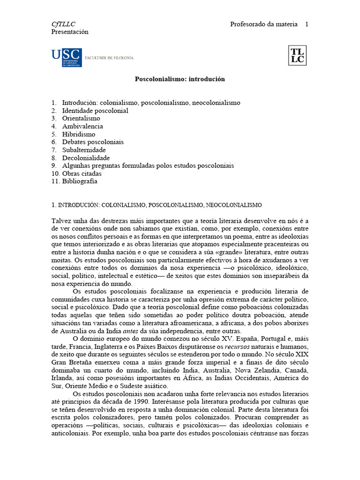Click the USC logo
(x=67, y=57)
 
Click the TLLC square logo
(x=297, y=55)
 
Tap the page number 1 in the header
(x=307, y=24)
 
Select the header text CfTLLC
(x=63, y=24)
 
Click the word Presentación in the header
(x=69, y=32)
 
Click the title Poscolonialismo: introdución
(x=180, y=79)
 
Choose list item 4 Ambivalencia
(x=82, y=127)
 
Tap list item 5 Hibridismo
(x=78, y=135)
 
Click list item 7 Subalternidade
(x=84, y=150)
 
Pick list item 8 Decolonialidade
(x=86, y=158)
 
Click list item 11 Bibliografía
(x=80, y=182)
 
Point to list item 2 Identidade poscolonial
(x=95, y=111)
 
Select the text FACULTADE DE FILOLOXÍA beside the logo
(x=109, y=58)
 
